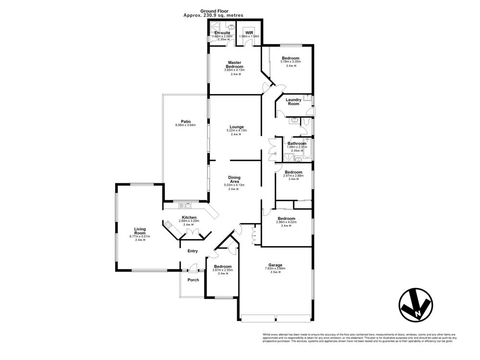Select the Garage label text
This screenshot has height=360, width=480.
275,264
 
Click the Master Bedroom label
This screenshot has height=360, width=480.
234,64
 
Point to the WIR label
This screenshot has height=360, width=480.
249,32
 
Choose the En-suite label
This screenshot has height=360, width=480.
222,32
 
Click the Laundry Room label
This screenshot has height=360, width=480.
293,102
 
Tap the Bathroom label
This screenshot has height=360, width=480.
297,143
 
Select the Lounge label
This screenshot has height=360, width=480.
236,127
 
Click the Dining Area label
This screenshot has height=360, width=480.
234,179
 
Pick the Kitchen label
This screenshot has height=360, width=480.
189,217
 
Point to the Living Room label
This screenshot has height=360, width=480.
140,231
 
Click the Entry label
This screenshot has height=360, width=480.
192,251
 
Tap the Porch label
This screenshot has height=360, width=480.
193,280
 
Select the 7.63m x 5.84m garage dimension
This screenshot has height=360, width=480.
275,269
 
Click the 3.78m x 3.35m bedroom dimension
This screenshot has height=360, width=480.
290,61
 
